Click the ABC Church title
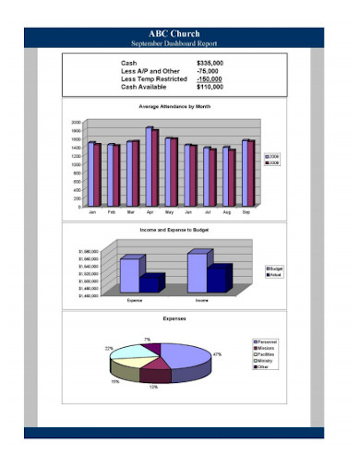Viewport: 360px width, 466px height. pyautogui.click(x=180, y=33)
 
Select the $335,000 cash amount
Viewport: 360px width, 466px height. pyautogui.click(x=211, y=63)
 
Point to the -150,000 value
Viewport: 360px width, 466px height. pyautogui.click(x=210, y=79)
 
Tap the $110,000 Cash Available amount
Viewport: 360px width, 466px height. pyautogui.click(x=211, y=88)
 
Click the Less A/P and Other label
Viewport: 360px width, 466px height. pyautogui.click(x=150, y=71)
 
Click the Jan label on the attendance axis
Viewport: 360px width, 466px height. pyautogui.click(x=92, y=212)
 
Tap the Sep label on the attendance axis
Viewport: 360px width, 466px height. pyautogui.click(x=246, y=212)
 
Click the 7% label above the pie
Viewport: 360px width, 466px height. pyautogui.click(x=147, y=340)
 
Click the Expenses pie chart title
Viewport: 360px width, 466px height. pyautogui.click(x=174, y=318)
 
